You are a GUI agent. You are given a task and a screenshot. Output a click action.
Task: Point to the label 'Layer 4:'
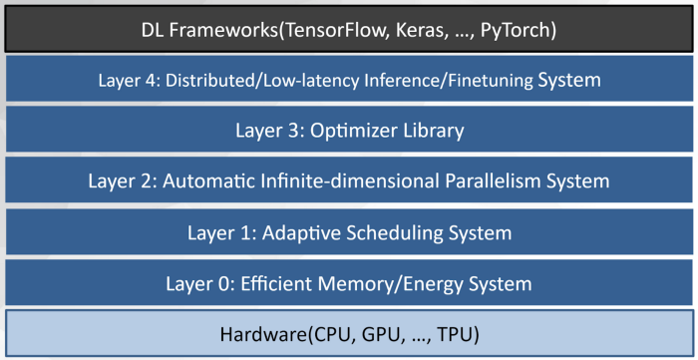(x=128, y=79)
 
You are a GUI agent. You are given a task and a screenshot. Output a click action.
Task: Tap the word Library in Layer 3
(x=432, y=131)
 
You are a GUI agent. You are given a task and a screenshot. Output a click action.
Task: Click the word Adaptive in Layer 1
(x=295, y=233)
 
